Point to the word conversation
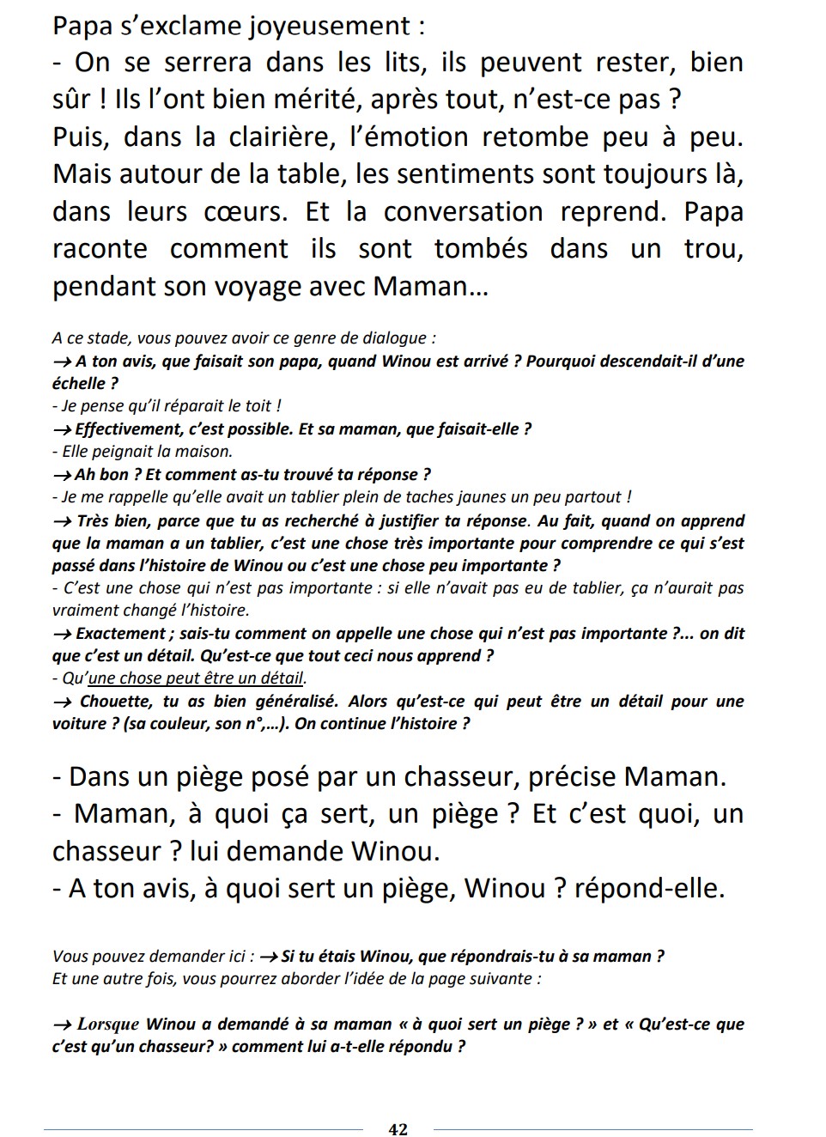pyautogui.click(x=463, y=212)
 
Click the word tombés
pyautogui.click(x=481, y=249)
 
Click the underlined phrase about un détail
pyautogui.click(x=197, y=678)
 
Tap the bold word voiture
pyautogui.click(x=79, y=724)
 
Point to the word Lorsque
pyautogui.click(x=108, y=1025)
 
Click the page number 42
pyautogui.click(x=398, y=1129)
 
